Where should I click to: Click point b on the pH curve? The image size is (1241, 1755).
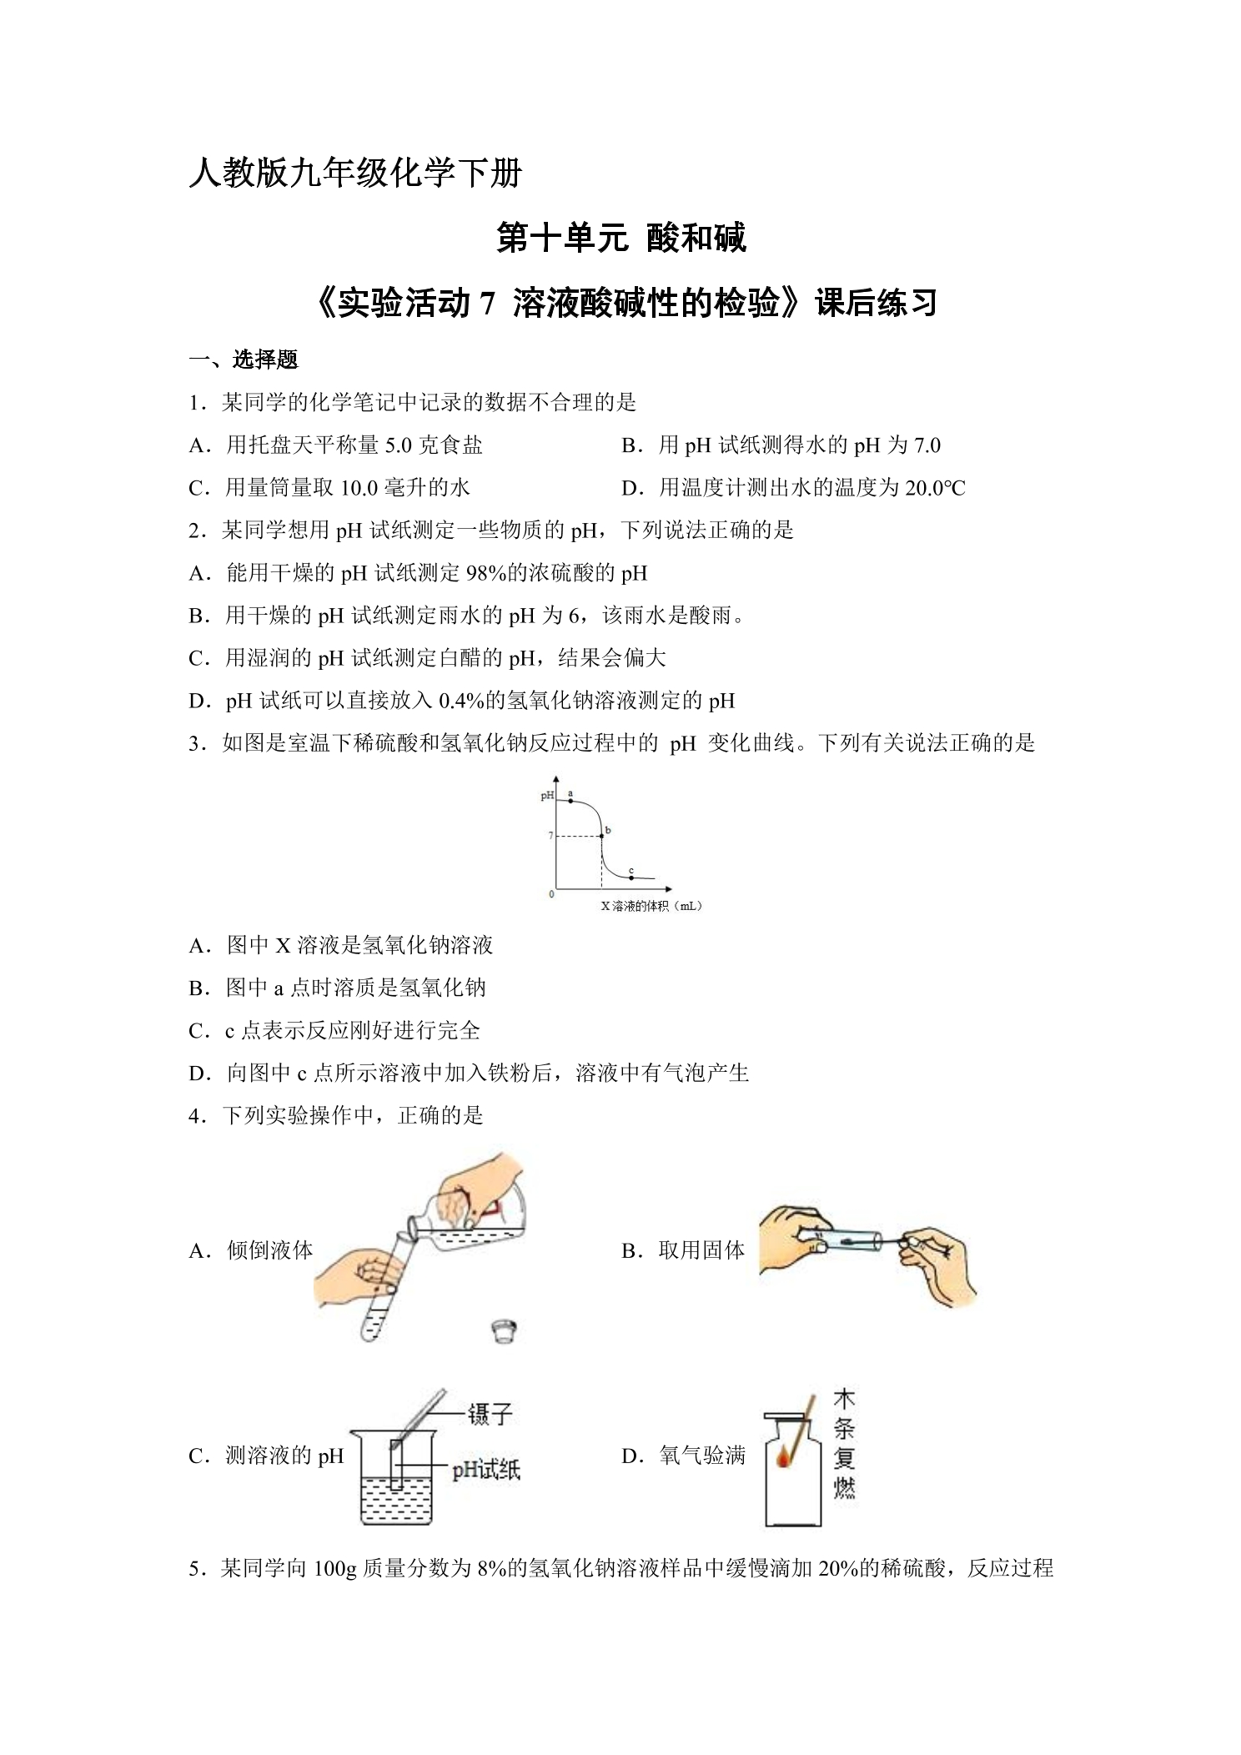click(x=601, y=836)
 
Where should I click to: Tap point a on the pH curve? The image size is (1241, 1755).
click(x=570, y=801)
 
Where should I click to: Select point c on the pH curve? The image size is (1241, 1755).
click(x=631, y=877)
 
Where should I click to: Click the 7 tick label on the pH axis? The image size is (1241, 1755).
click(x=550, y=835)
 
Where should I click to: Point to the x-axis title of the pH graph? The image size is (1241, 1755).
click(x=651, y=906)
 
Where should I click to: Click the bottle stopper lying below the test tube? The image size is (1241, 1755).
click(x=503, y=1329)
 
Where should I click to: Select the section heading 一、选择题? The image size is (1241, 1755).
click(x=244, y=360)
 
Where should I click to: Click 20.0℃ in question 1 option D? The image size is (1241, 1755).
click(x=935, y=488)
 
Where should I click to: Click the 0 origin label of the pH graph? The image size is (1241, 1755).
click(x=550, y=893)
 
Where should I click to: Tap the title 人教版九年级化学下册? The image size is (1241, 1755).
click(x=355, y=173)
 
